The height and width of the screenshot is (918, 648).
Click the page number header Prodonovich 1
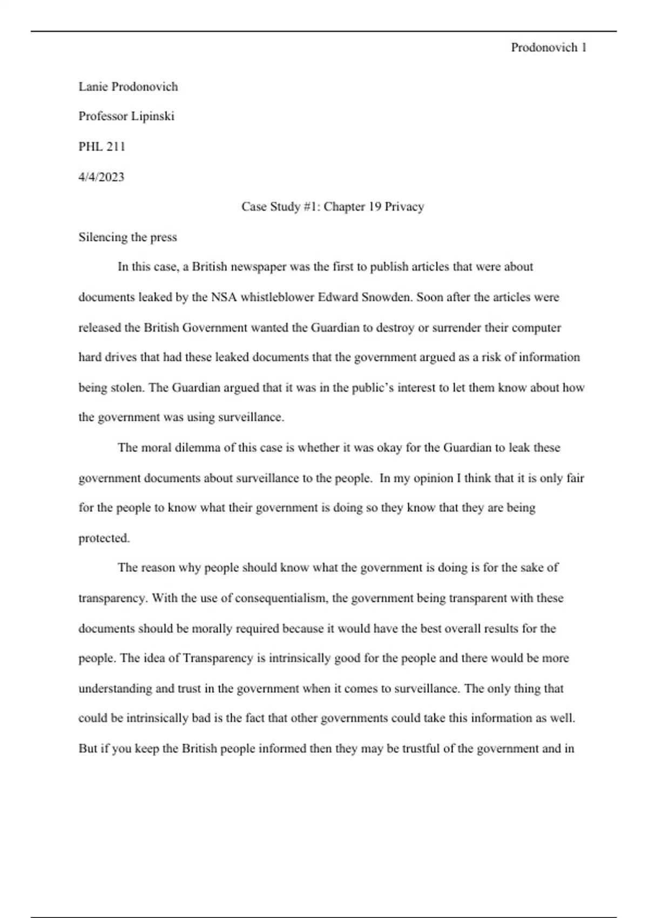548,48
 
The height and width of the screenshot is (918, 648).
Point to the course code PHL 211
102,146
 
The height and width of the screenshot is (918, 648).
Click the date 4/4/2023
101,177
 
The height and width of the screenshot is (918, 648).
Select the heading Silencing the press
127,237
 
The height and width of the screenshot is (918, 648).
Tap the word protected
104,538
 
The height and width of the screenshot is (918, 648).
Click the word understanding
115,688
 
